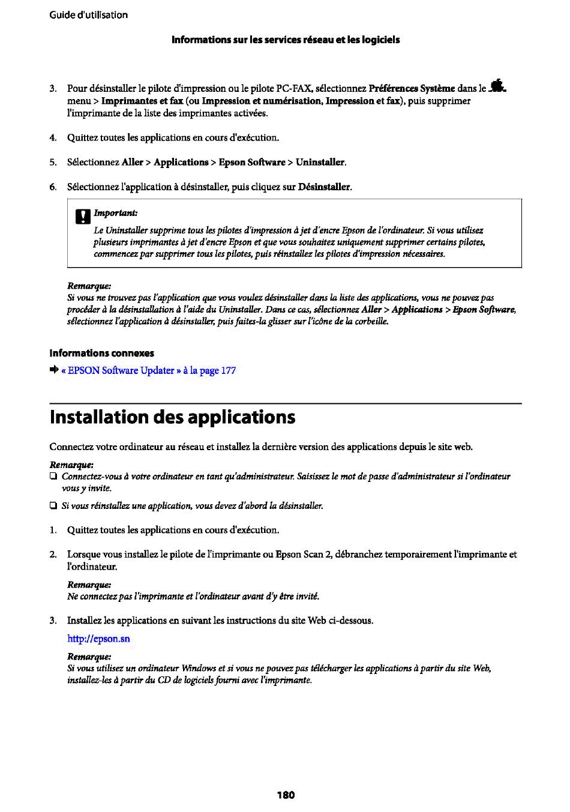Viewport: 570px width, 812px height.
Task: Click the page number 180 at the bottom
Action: tap(286, 795)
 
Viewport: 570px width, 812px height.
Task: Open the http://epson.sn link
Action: tap(98, 639)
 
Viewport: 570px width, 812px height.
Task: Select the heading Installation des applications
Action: tap(172, 417)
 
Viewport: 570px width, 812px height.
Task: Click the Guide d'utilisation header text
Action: tap(88, 15)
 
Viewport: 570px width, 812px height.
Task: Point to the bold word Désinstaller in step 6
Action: tap(324, 187)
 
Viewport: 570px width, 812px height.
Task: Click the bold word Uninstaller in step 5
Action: tap(320, 162)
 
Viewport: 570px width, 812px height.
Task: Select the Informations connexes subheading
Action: tap(101, 353)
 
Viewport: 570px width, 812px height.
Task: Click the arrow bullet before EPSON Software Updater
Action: tap(53, 370)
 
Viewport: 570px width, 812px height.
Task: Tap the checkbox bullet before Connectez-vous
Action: tap(53, 477)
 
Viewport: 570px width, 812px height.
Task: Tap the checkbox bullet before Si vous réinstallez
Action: tap(53, 506)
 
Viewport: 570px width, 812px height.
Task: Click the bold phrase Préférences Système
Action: tap(412, 88)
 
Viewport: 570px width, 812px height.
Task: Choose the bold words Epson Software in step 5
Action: tap(251, 162)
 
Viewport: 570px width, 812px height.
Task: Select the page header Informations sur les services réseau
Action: tap(286, 40)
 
